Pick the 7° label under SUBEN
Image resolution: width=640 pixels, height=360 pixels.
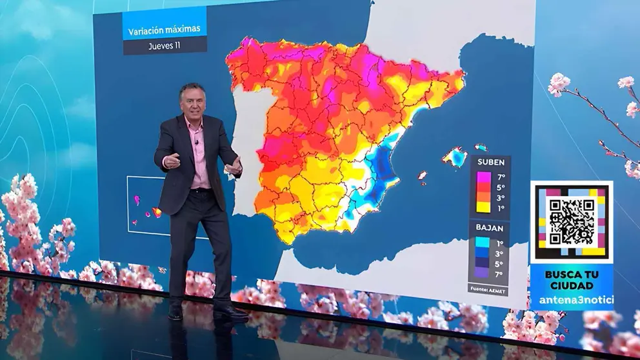click(500, 176)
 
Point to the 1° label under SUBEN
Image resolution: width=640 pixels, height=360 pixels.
click(500, 208)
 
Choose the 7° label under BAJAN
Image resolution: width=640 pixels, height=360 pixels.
click(500, 274)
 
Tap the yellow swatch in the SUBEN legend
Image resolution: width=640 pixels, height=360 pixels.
click(483, 207)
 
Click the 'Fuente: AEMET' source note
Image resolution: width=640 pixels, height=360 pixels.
click(488, 290)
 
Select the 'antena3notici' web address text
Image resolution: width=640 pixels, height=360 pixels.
click(571, 300)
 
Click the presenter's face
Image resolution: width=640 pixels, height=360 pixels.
click(193, 103)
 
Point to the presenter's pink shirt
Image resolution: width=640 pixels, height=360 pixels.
click(197, 155)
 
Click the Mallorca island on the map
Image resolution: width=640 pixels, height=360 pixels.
click(455, 157)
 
